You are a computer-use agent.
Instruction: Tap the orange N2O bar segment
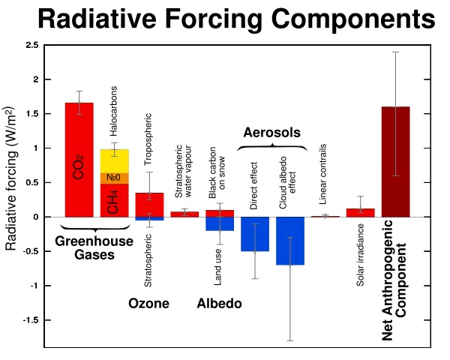[x=115, y=178]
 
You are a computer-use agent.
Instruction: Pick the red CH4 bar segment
[x=115, y=199]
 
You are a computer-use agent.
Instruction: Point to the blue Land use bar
[x=220, y=223]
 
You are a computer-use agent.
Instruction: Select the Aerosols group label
[x=271, y=133]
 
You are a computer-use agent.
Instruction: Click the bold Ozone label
[x=148, y=304]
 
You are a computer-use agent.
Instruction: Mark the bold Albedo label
[x=219, y=304]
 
